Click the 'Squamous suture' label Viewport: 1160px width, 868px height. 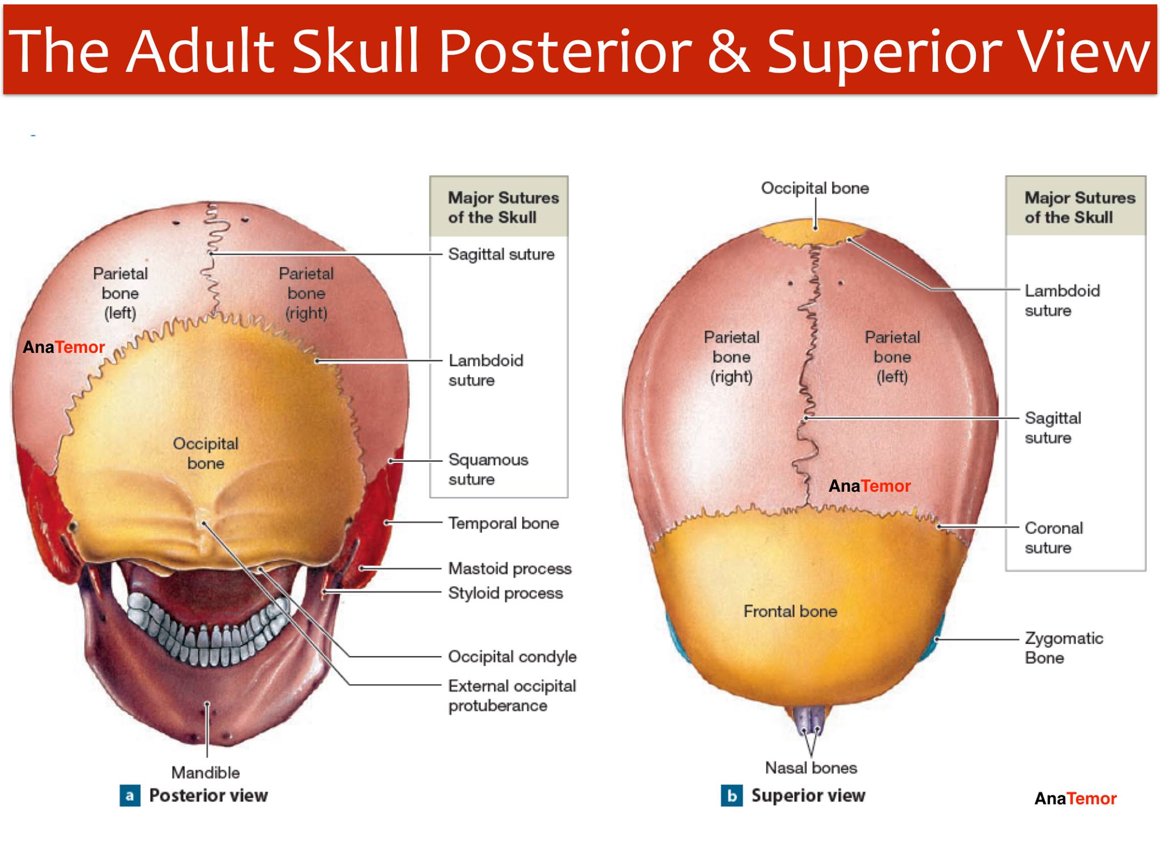tap(488, 469)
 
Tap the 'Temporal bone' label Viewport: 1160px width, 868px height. tap(504, 523)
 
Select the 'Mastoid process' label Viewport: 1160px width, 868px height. tap(510, 568)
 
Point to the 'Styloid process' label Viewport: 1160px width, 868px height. tap(505, 593)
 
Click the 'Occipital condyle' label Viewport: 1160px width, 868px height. tap(512, 657)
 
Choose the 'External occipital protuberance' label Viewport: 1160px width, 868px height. tap(512, 696)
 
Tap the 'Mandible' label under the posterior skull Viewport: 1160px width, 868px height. tap(206, 772)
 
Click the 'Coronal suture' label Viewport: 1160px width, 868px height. tap(1054, 538)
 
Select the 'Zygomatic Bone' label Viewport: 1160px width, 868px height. tap(1064, 648)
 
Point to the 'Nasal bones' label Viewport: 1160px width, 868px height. tap(811, 768)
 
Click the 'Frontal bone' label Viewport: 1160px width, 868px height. tap(790, 611)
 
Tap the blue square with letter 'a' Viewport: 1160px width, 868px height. tap(130, 795)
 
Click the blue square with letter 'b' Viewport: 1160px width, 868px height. tap(732, 795)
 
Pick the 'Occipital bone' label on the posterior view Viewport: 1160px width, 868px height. tap(206, 453)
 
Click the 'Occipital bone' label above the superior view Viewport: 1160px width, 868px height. tap(814, 188)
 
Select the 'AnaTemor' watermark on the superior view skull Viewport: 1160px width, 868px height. tap(869, 486)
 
